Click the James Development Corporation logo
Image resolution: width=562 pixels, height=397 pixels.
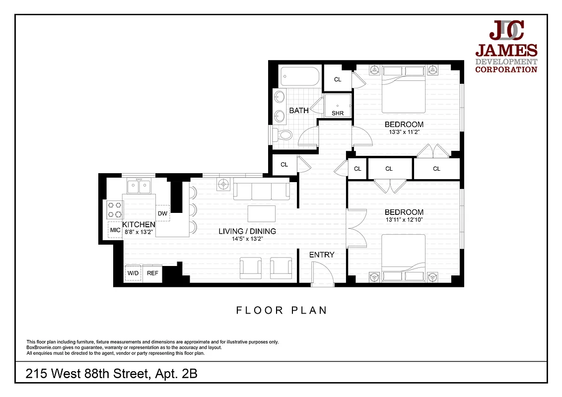pyautogui.click(x=506, y=48)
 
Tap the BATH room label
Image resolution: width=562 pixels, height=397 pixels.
pyautogui.click(x=299, y=111)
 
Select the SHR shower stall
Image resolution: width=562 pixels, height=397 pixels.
pyautogui.click(x=338, y=107)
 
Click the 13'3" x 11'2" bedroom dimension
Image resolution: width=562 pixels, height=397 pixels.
pyautogui.click(x=404, y=132)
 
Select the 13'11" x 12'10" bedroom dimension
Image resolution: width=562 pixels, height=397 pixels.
pyautogui.click(x=404, y=219)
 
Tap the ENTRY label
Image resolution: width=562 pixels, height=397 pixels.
pyautogui.click(x=322, y=255)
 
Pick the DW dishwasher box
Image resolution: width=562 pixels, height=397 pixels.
pyautogui.click(x=162, y=214)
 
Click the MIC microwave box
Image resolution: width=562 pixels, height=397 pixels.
pyautogui.click(x=115, y=230)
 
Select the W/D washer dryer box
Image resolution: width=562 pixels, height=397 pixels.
pyautogui.click(x=133, y=273)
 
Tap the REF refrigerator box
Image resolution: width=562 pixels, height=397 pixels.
pyautogui.click(x=152, y=273)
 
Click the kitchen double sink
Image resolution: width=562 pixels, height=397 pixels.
pyautogui.click(x=139, y=187)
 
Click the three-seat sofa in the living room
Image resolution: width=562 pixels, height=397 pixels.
pyautogui.click(x=262, y=191)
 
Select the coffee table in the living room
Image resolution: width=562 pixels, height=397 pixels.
pyautogui.click(x=262, y=214)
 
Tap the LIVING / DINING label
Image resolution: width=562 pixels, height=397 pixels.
pyautogui.click(x=247, y=231)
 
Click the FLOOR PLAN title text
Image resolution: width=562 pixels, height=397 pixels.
pyautogui.click(x=281, y=311)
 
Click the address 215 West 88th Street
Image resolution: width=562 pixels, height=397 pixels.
pyautogui.click(x=112, y=373)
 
